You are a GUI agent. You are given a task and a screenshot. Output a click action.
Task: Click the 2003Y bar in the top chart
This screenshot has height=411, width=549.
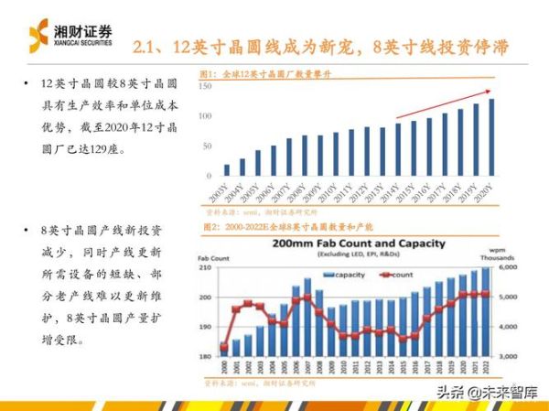(x=226, y=169)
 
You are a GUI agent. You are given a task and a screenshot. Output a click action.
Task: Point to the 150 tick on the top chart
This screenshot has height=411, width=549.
(x=206, y=85)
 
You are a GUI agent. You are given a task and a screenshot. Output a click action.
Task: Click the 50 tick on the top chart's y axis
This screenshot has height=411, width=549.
(x=208, y=146)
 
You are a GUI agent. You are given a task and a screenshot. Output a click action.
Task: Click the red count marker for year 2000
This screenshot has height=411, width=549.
(x=224, y=347)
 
